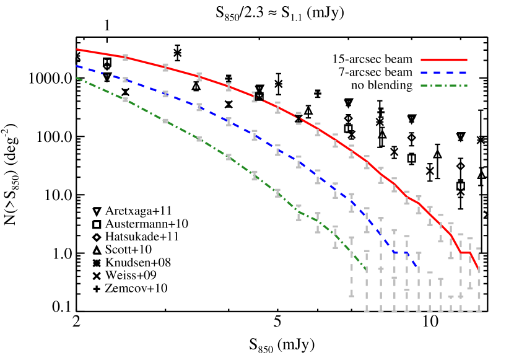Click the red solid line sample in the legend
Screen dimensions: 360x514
pyautogui.click(x=443, y=60)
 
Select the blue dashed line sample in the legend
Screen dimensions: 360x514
pyautogui.click(x=443, y=72)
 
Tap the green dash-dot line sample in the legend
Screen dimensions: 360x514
pyautogui.click(x=443, y=86)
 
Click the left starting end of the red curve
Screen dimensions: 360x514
pyautogui.click(x=77, y=50)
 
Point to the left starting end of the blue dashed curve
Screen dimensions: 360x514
pyautogui.click(x=77, y=66)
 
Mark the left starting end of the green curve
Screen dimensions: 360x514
pyautogui.click(x=77, y=78)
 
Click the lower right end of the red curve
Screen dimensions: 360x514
pyautogui.click(x=478, y=268)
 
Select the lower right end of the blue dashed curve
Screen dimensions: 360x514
pyautogui.click(x=418, y=267)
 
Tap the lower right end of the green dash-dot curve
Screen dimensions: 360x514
pyautogui.click(x=366, y=270)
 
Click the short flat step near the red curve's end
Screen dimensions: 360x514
pyautogui.click(x=464, y=252)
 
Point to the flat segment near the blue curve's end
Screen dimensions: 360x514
pyautogui.click(x=400, y=252)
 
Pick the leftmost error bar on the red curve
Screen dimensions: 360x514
pyautogui.click(x=125, y=57)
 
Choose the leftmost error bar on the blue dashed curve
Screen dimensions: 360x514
pyautogui.click(x=125, y=79)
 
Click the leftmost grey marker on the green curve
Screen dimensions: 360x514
pyautogui.click(x=125, y=100)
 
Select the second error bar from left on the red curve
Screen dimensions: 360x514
pyautogui.click(x=165, y=67)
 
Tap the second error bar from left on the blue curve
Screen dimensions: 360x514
pyautogui.click(x=165, y=94)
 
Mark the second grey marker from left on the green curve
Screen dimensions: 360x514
pyautogui.click(x=165, y=121)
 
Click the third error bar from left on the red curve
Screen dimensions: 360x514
pyautogui.click(x=199, y=77)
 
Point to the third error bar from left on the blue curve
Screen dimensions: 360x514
pyautogui.click(x=199, y=107)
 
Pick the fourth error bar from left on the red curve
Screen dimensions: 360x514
pyautogui.click(x=229, y=87)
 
